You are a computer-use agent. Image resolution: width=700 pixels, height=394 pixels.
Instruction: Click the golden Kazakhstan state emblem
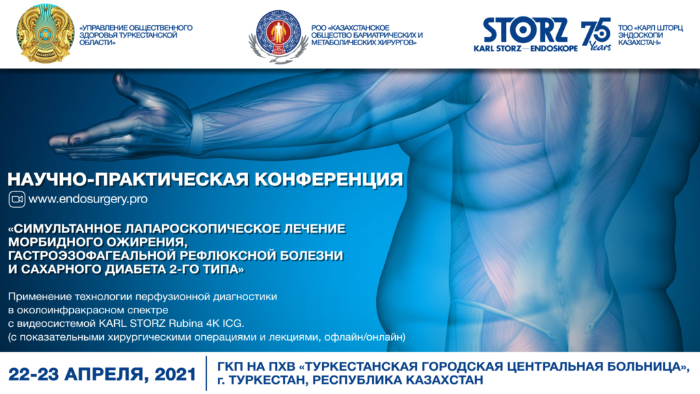coord(46,34)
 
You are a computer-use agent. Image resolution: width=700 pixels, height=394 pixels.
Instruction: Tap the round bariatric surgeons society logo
coord(278,35)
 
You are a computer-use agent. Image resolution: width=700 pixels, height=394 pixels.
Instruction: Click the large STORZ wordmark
coord(526,30)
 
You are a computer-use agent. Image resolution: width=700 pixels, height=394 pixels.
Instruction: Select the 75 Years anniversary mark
coord(596,34)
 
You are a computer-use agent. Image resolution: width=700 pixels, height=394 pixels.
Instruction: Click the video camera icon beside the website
coord(17,199)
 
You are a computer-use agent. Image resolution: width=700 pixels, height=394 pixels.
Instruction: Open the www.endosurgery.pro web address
coord(88,199)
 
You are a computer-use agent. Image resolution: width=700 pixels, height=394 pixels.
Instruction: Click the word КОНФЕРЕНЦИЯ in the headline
coord(329,179)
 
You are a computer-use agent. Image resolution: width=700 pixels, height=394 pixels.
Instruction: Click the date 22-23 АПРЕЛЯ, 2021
coord(103,374)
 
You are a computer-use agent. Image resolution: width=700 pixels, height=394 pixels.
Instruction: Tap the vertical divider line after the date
coord(206,373)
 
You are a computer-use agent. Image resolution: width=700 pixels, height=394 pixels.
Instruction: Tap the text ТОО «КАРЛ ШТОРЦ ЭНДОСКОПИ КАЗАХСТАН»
coord(650,35)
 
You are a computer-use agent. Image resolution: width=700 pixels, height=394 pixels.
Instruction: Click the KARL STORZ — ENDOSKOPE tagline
coord(526,49)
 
